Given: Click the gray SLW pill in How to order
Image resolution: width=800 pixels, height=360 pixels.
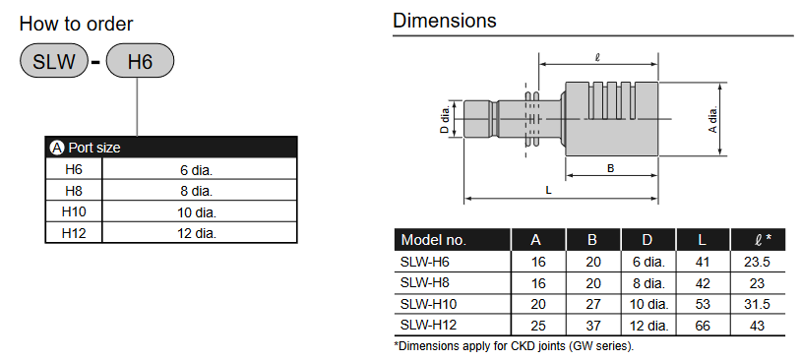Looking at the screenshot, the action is click(x=53, y=61).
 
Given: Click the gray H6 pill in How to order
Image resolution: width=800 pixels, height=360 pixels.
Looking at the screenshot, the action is click(x=140, y=61).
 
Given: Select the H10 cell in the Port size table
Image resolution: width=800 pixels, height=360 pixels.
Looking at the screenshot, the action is click(x=74, y=211).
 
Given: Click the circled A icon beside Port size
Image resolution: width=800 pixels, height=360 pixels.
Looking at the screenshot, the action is click(x=57, y=148).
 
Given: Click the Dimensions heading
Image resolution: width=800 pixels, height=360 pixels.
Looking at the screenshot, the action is click(x=445, y=21).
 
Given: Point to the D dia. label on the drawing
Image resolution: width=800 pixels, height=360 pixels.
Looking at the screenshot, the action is click(x=445, y=119).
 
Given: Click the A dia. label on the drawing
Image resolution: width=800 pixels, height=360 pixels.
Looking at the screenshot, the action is click(x=713, y=119).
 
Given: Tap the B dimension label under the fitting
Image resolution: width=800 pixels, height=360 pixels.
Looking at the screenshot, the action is click(x=610, y=168).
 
